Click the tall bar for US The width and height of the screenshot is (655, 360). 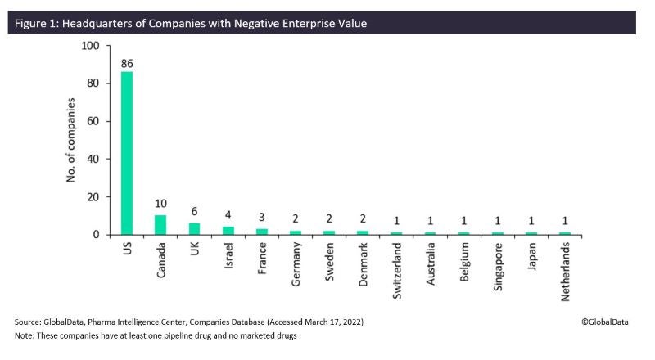click(127, 153)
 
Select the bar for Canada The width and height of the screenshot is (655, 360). click(161, 225)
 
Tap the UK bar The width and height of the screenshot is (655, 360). click(194, 229)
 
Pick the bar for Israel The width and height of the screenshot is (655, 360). click(228, 231)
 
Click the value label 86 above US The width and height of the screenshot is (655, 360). click(127, 62)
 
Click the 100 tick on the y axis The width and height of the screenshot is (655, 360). click(91, 46)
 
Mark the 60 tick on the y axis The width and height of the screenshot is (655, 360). click(93, 121)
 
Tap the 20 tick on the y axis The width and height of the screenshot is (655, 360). click(93, 197)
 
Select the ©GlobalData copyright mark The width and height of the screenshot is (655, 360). click(604, 322)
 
